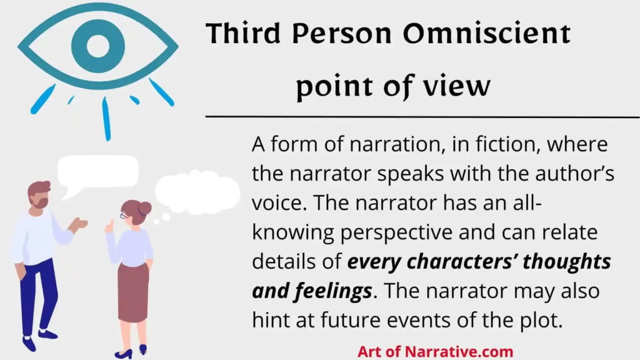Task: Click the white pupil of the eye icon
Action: (x=98, y=46)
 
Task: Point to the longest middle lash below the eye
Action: (x=106, y=119)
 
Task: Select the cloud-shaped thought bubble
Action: (x=197, y=192)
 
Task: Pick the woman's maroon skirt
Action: (x=133, y=292)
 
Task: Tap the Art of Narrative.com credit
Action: (x=435, y=351)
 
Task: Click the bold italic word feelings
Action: (x=333, y=291)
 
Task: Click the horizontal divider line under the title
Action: (x=422, y=117)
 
